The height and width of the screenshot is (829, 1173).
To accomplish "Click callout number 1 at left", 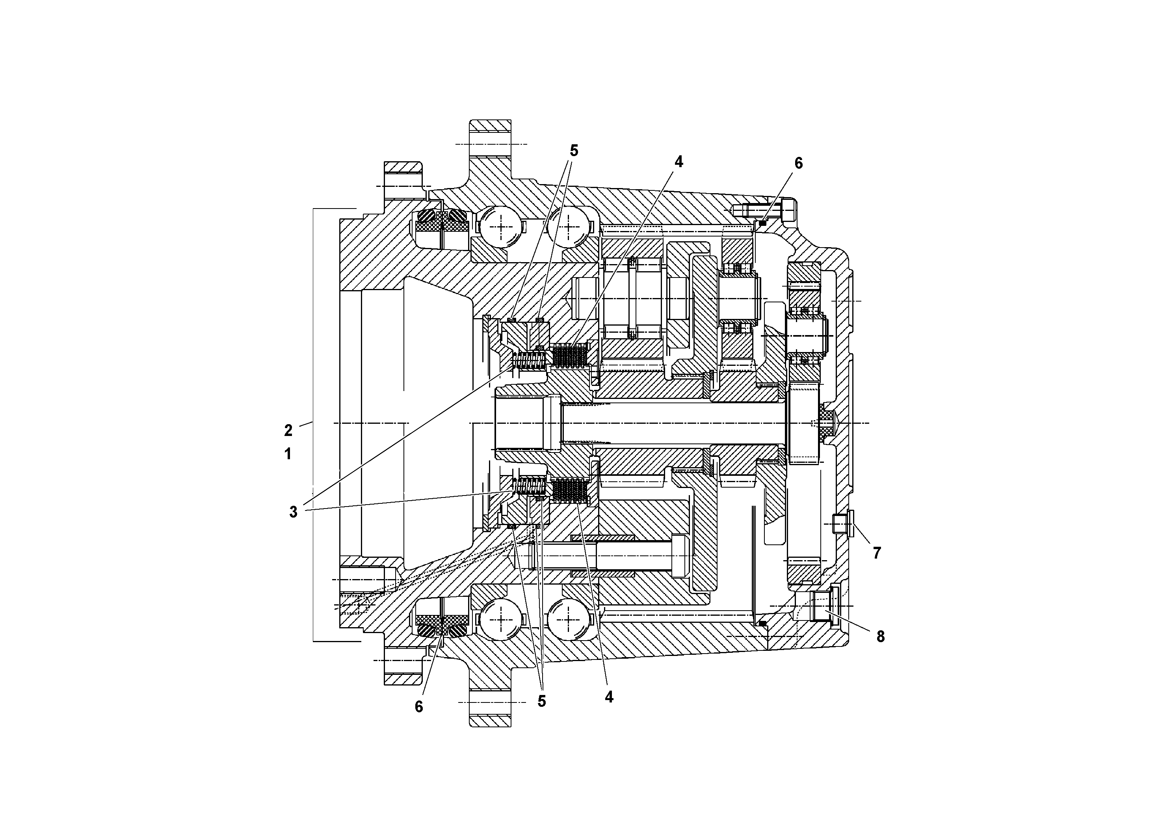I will (288, 453).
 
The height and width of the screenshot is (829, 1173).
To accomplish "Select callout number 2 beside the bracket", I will (288, 430).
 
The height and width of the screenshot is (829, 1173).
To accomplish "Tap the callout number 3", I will (293, 512).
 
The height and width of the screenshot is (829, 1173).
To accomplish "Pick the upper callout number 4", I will (678, 162).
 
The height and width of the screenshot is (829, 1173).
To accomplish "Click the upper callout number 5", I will (573, 151).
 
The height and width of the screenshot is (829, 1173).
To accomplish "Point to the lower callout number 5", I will (541, 701).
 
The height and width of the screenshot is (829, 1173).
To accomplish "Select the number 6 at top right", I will (799, 163).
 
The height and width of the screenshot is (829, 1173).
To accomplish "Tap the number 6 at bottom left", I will (419, 706).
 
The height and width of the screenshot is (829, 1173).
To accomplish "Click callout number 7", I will (877, 553).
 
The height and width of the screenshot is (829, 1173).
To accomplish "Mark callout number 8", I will (880, 636).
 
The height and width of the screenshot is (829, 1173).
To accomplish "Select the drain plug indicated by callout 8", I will (823, 605).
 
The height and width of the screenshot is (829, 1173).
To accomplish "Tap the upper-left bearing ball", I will (502, 227).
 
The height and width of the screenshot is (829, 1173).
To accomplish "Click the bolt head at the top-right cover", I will (788, 210).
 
